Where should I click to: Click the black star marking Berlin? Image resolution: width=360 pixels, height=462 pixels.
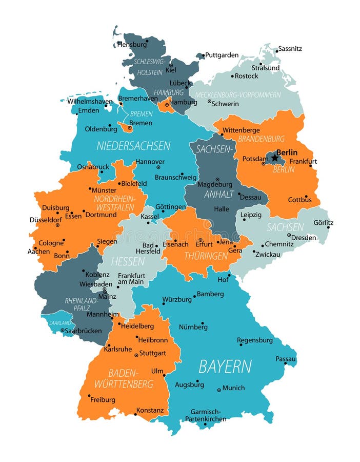tap(274, 158)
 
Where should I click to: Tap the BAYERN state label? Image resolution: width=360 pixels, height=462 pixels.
tap(225, 367)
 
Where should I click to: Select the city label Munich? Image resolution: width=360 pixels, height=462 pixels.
tap(233, 388)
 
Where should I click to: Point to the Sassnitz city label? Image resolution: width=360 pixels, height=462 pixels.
tap(290, 49)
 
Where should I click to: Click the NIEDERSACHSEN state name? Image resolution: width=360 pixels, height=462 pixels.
tap(133, 146)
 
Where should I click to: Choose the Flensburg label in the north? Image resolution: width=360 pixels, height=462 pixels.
tap(132, 45)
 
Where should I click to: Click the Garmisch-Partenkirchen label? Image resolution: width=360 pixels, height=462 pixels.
tap(205, 415)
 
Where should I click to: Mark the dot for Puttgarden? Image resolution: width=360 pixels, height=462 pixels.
tap(203, 55)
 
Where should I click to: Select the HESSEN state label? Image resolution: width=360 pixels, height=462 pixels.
tap(128, 261)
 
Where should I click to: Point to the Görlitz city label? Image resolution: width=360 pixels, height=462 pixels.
tap(323, 223)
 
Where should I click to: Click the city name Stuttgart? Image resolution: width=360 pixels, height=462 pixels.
tap(153, 353)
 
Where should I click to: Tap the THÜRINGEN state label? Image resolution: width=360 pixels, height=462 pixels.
tap(206, 256)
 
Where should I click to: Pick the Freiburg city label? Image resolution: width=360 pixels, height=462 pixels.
tap(103, 399)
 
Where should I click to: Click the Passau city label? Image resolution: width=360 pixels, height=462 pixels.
tap(286, 359)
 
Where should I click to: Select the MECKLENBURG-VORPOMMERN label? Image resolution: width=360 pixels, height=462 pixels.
tap(238, 95)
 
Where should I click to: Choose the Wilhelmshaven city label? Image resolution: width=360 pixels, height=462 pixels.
tap(90, 102)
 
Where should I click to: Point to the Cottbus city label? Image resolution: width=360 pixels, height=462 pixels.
tap(299, 200)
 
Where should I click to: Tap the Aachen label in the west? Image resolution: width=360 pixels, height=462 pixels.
tap(39, 252)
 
